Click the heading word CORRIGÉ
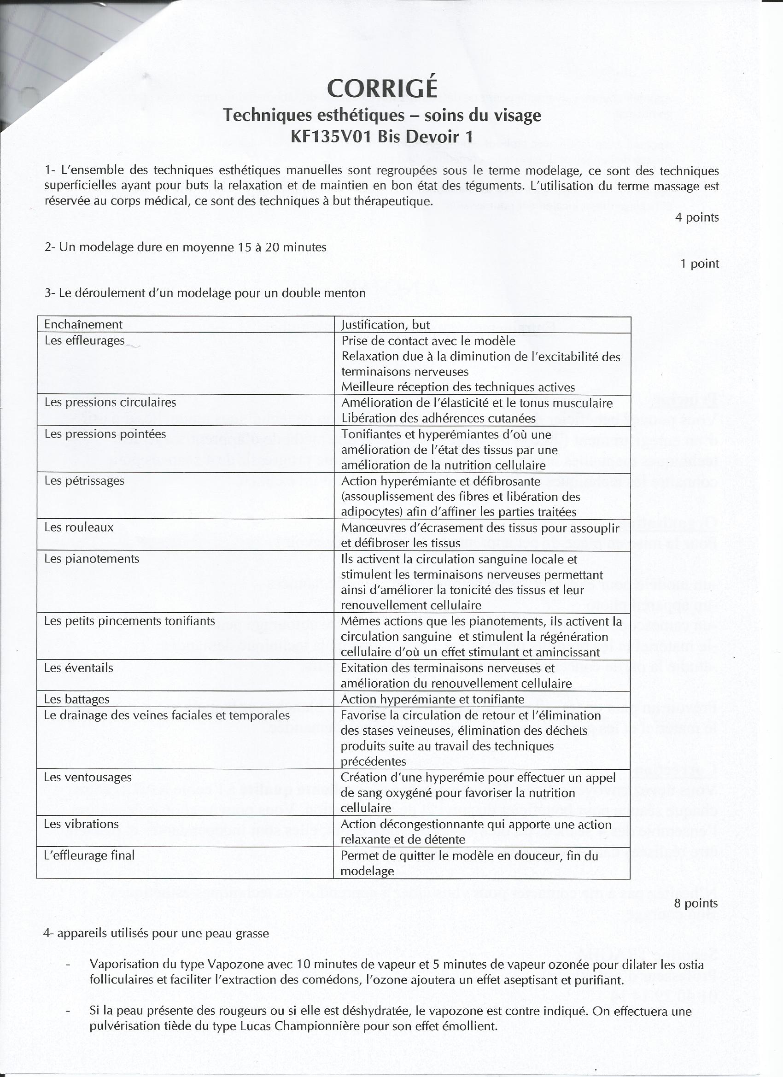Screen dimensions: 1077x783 pos(382,88)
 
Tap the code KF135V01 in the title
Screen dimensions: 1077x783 pos(332,137)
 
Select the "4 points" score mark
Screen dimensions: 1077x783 pos(696,217)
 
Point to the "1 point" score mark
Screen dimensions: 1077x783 pos(700,263)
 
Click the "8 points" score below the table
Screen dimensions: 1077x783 pos(695,903)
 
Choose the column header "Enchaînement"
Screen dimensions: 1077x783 pos(83,324)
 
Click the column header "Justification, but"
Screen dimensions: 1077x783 pos(386,325)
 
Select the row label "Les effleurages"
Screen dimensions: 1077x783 pos(85,340)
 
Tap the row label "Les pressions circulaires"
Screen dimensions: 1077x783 pos(110,402)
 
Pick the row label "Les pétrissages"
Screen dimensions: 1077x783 pos(84,480)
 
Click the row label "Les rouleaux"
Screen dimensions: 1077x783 pos(79,527)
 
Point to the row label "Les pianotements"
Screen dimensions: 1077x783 pos(92,558)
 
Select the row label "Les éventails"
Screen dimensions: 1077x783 pos(79,667)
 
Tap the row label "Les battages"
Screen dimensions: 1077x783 pos(76,699)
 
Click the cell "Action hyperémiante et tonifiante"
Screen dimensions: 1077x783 pos(432,699)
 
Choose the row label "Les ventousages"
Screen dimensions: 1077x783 pos(88,778)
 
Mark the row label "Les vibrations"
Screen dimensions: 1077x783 pos(81,824)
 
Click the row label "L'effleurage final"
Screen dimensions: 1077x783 pos(89,855)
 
